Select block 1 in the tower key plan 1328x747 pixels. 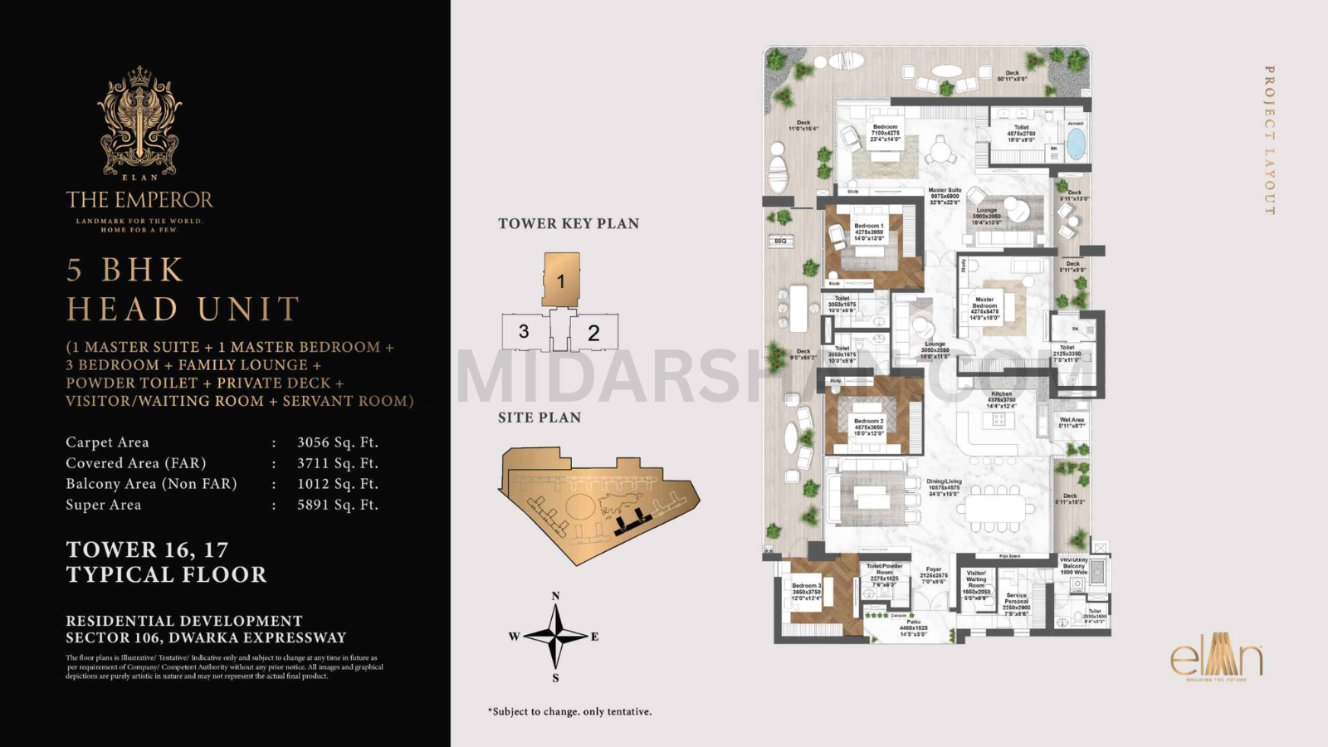tap(561, 281)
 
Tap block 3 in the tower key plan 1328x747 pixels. tap(524, 332)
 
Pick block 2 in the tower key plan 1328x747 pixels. tap(593, 333)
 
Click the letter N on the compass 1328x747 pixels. tap(555, 596)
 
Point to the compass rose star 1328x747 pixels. tap(555, 637)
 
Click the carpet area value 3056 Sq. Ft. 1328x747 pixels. tap(337, 442)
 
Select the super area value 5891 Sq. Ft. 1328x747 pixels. tap(337, 505)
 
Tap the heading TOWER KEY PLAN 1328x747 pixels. tap(569, 223)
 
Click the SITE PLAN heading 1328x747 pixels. tap(539, 417)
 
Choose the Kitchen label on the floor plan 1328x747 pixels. tap(1001, 394)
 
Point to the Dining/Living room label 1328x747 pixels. tap(944, 482)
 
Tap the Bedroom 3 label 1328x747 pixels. tap(806, 586)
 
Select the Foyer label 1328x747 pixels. tap(934, 570)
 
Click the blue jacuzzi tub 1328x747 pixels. tap(1076, 143)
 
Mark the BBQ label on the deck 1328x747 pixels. tap(780, 241)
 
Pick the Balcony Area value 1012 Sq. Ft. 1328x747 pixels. tap(337, 484)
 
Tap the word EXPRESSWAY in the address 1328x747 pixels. tap(297, 637)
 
